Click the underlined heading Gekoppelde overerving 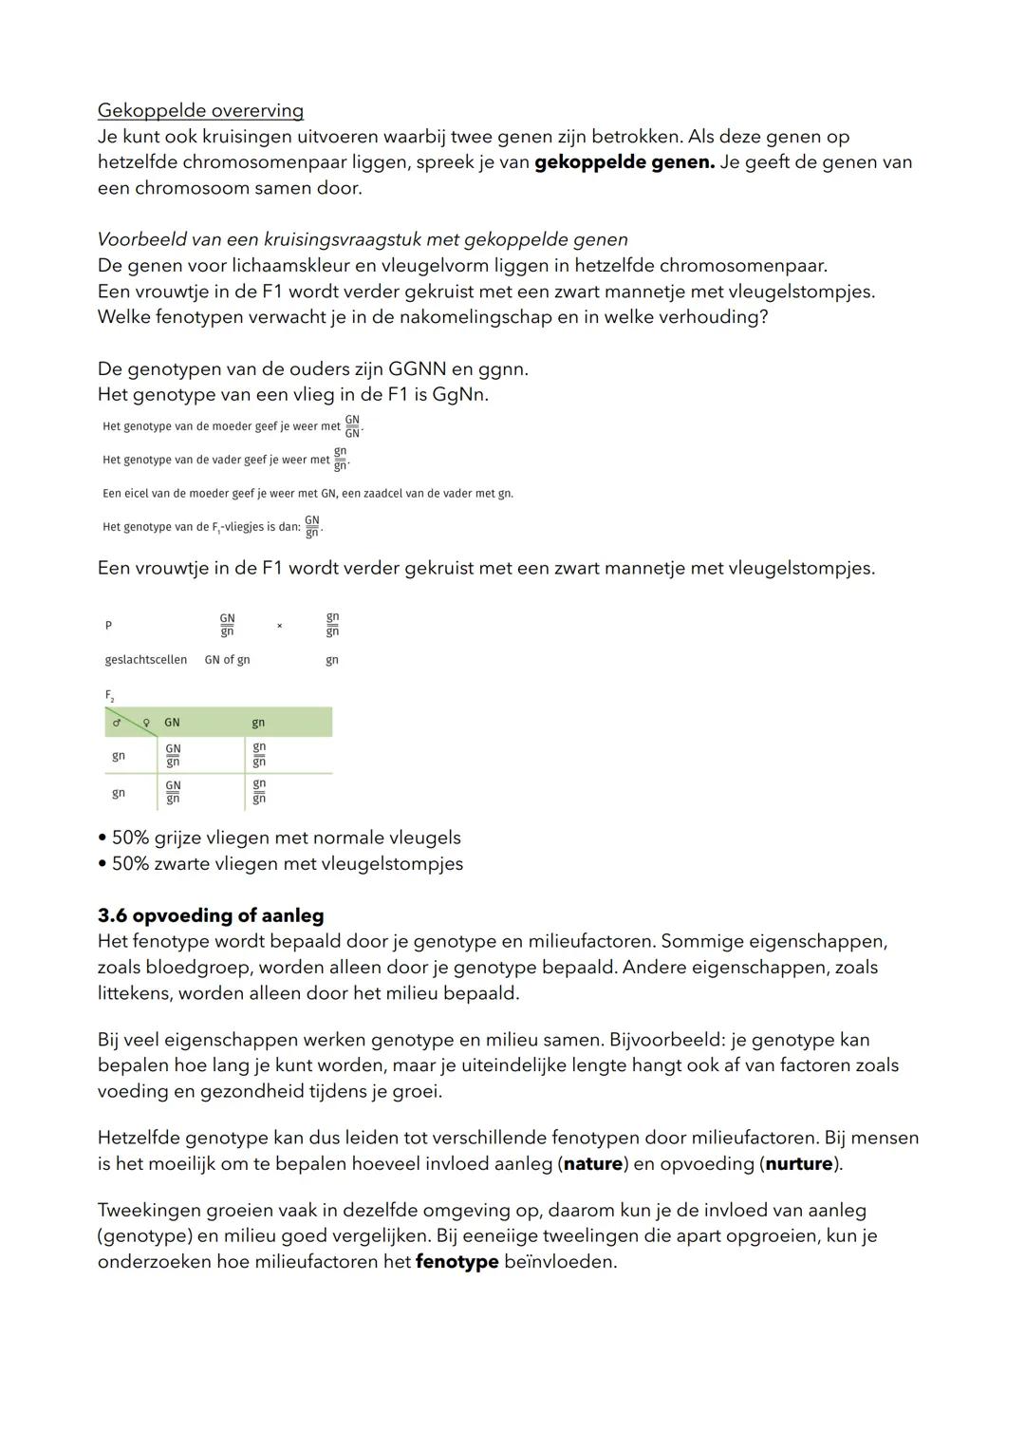(x=200, y=110)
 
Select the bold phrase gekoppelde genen (x=624, y=162)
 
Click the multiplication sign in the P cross (x=279, y=626)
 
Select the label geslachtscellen (x=145, y=660)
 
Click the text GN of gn (x=227, y=660)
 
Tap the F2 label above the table (x=109, y=695)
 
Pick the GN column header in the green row (x=172, y=723)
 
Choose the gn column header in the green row (x=258, y=723)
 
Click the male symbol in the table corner (x=116, y=724)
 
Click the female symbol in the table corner (x=146, y=724)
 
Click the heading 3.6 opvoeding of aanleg (x=211, y=915)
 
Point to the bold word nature (x=593, y=1163)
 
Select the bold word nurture (x=799, y=1163)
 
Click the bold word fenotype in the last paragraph (x=457, y=1262)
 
